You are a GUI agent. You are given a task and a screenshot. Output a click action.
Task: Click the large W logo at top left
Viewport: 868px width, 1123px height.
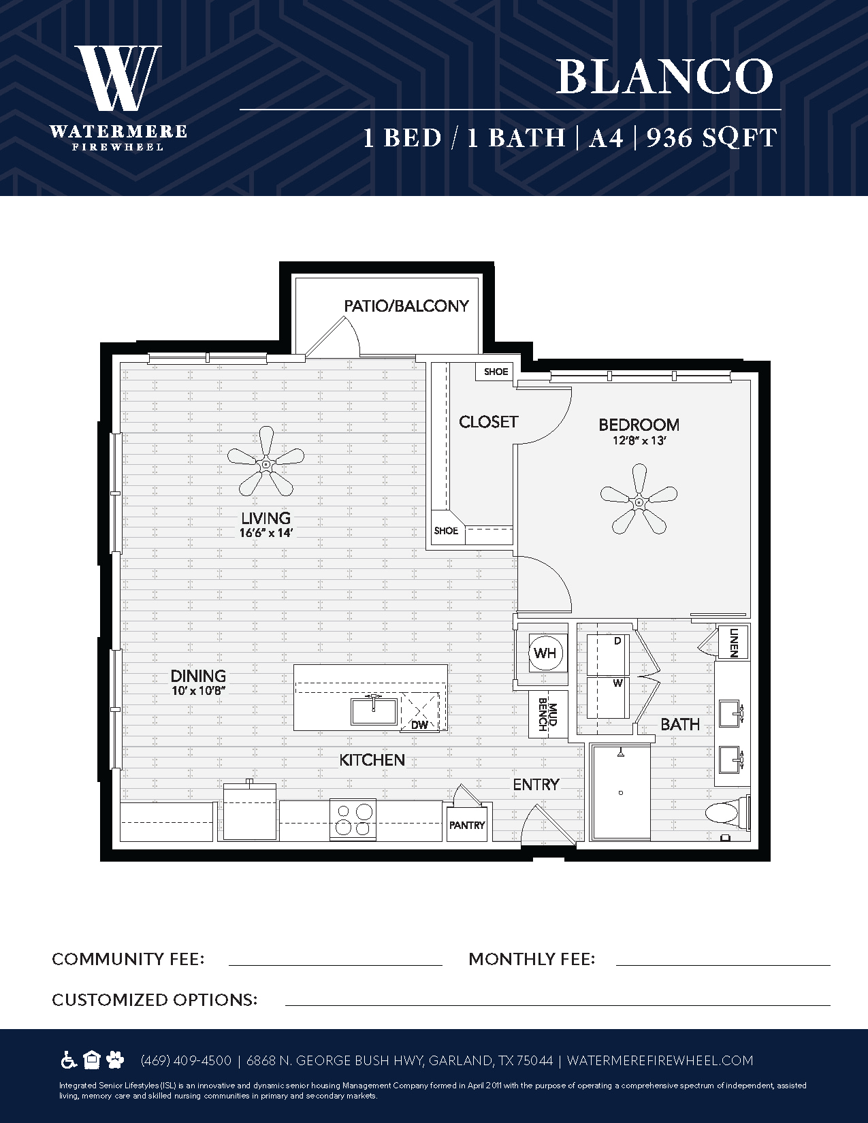[x=118, y=78]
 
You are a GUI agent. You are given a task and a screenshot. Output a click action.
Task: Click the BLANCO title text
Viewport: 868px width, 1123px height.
[x=664, y=76]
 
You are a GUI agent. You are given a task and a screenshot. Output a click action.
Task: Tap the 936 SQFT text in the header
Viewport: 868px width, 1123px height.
[x=712, y=138]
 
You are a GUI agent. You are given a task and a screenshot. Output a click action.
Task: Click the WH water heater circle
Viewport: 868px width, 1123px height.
[x=545, y=653]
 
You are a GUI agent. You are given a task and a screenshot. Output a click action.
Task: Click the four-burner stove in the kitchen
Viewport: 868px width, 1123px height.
[x=353, y=819]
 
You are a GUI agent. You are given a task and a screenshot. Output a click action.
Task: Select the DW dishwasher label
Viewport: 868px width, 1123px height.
[x=420, y=725]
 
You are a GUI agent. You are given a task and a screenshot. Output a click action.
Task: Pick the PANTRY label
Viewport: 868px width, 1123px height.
[x=467, y=826]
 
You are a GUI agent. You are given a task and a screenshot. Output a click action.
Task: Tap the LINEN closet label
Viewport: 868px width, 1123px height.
[x=734, y=642]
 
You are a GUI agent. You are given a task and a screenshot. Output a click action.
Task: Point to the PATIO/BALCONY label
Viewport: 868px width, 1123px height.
[x=406, y=306]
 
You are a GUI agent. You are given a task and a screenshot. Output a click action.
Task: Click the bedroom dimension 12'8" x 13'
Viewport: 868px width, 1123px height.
[x=639, y=441]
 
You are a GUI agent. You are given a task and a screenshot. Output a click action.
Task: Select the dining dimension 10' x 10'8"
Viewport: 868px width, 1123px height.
[x=199, y=690]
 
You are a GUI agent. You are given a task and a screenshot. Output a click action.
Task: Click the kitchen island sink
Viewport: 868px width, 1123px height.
[x=374, y=711]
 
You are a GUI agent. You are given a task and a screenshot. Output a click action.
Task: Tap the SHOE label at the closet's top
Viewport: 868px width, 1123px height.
[x=496, y=372]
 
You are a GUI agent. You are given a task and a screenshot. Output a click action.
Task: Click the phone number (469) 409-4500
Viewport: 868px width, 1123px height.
[x=186, y=1060]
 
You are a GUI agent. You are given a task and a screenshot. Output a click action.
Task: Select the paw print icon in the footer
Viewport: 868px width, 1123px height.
[x=115, y=1060]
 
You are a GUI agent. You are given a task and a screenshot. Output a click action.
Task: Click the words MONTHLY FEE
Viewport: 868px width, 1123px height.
[x=532, y=959]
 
